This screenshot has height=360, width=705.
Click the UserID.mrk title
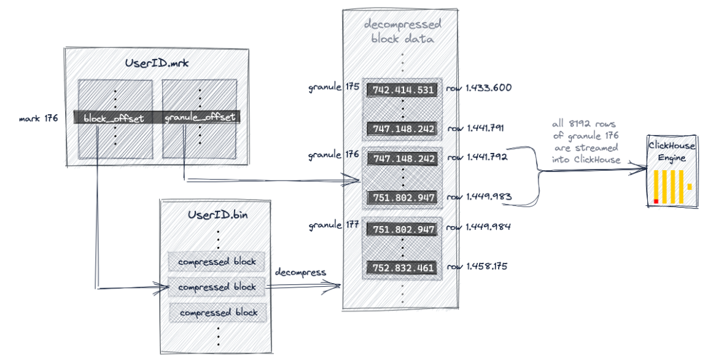click(x=156, y=63)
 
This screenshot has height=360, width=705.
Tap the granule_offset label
click(x=200, y=117)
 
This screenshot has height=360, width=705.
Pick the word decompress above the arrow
click(x=301, y=272)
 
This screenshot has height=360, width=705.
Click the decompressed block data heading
click(x=402, y=32)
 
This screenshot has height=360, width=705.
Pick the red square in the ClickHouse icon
click(x=656, y=201)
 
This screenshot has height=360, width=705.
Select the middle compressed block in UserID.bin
click(x=217, y=287)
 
